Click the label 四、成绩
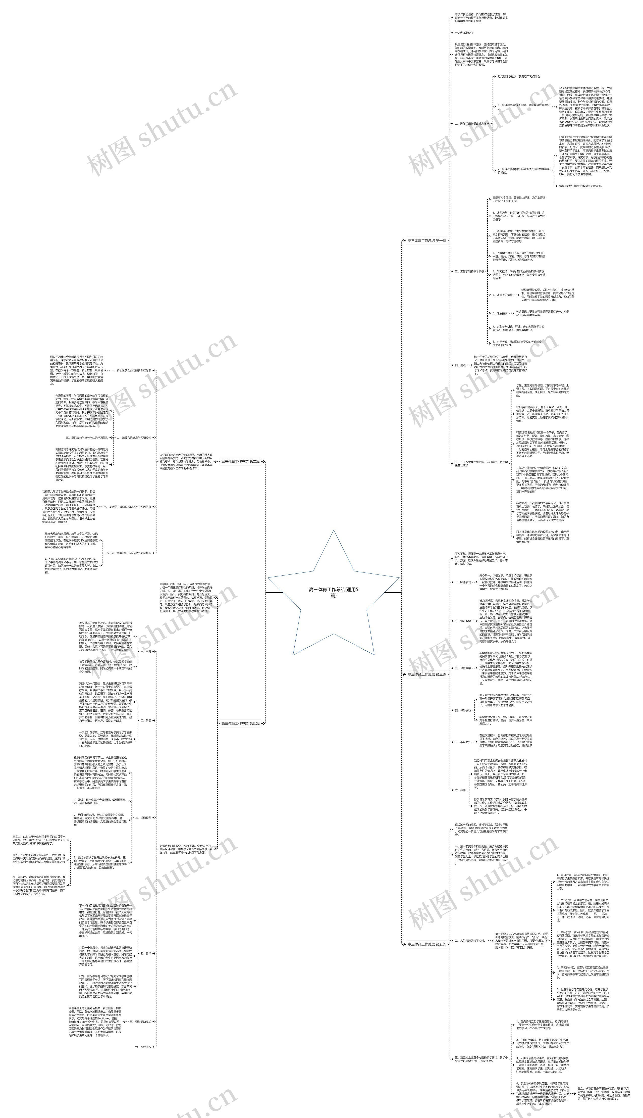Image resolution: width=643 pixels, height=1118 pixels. pos(460,365)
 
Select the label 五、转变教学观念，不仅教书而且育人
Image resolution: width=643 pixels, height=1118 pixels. pos(128,553)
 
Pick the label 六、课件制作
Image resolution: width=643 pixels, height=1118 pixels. pos(143,1046)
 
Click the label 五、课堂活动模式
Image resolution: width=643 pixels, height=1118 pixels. pos(140,1022)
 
